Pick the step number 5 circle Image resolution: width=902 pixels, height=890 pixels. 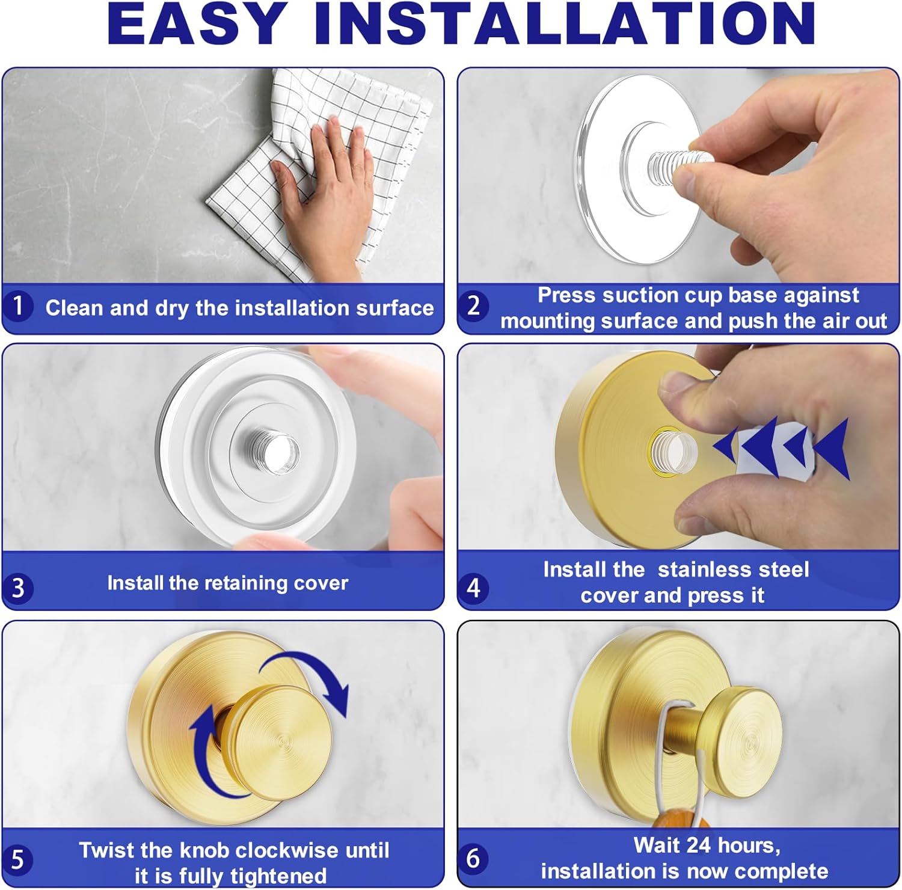tap(18, 859)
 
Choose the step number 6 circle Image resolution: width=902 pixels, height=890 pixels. tap(473, 858)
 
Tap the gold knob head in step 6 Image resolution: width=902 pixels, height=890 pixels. tap(746, 737)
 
